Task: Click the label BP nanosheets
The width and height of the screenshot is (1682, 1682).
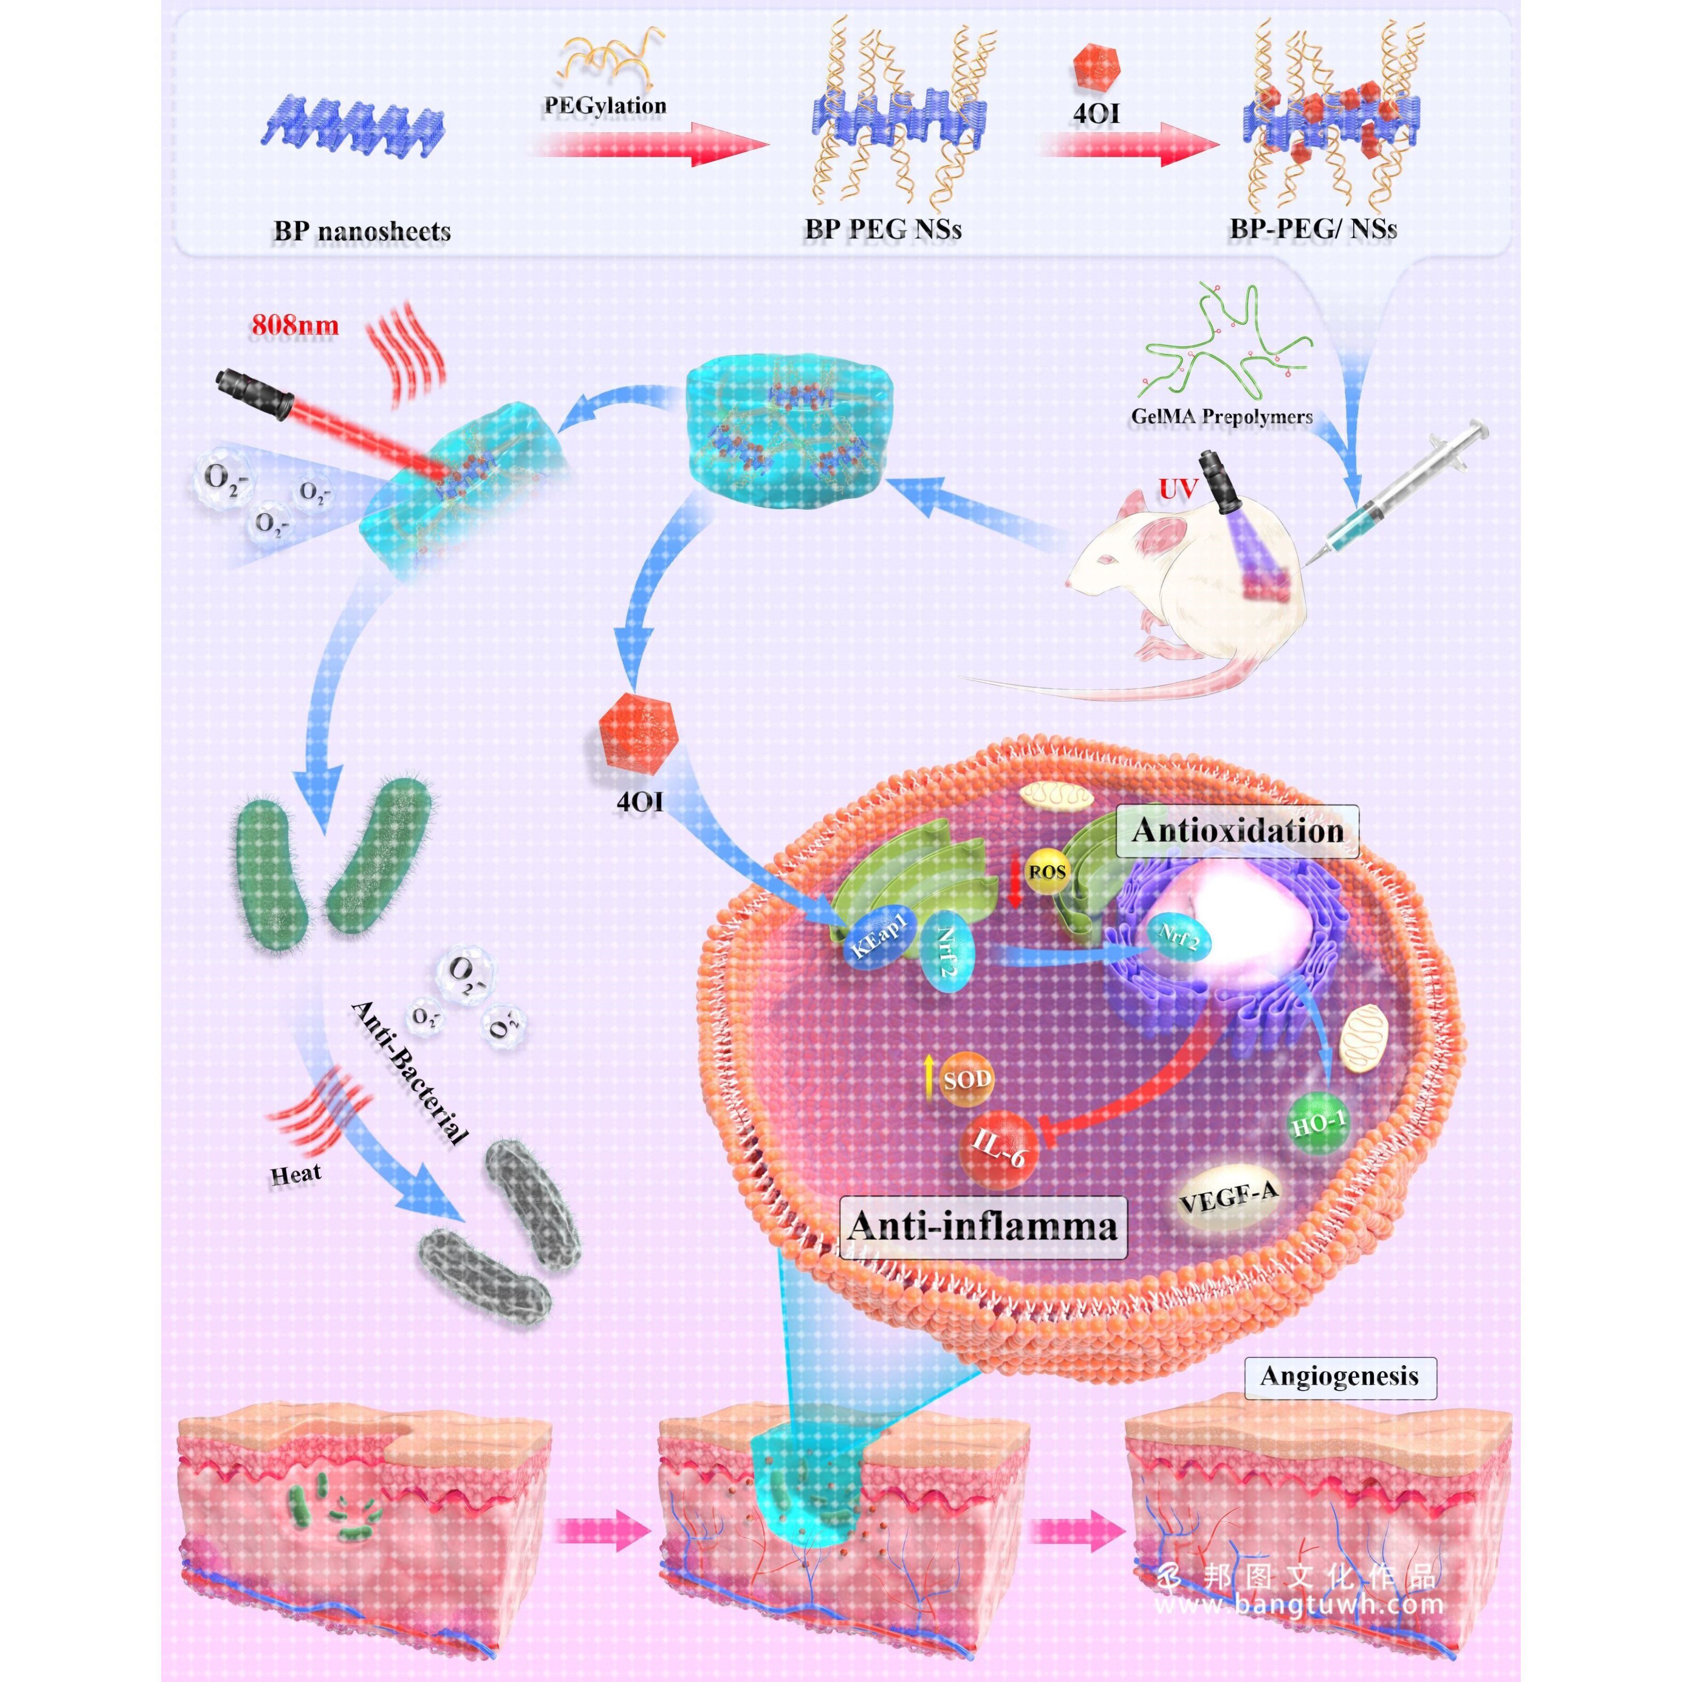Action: (362, 232)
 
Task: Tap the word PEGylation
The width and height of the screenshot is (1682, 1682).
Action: (605, 105)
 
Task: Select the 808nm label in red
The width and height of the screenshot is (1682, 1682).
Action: (295, 326)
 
